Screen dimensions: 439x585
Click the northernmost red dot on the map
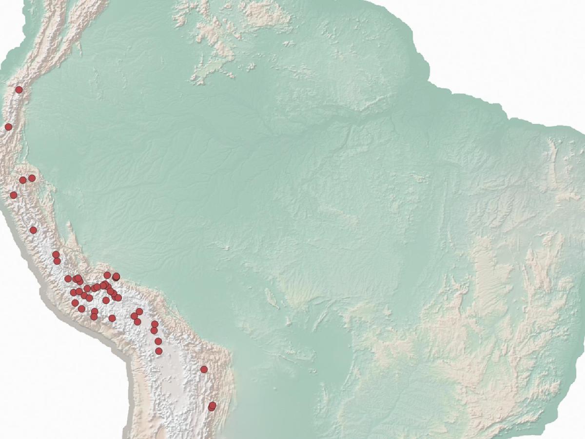click(x=19, y=90)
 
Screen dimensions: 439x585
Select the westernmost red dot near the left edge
click(x=8, y=127)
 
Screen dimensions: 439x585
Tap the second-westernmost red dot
click(x=14, y=195)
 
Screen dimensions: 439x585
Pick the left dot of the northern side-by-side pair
click(x=22, y=180)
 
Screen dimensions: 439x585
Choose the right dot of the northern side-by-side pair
click(x=32, y=178)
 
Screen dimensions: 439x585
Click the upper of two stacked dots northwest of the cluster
click(x=56, y=255)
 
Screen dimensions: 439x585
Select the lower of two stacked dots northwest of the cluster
click(x=57, y=261)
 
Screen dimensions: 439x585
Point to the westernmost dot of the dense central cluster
click(x=68, y=279)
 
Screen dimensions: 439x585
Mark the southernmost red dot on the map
click(x=212, y=407)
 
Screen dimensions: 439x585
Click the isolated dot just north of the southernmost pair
click(x=204, y=369)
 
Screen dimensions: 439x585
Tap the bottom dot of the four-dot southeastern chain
click(x=158, y=351)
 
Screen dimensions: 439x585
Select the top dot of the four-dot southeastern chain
click(x=155, y=324)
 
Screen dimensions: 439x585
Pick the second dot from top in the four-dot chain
click(x=154, y=331)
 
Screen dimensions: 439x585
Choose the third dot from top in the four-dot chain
click(x=158, y=341)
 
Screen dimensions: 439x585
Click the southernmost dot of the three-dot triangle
click(x=137, y=322)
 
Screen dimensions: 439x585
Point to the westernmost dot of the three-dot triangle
click(x=134, y=316)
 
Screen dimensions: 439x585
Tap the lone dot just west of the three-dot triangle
click(x=112, y=318)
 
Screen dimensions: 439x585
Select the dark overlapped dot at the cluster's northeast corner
click(x=116, y=277)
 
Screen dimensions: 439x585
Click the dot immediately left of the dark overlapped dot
click(x=107, y=275)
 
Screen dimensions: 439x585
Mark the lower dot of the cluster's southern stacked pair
click(x=94, y=317)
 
